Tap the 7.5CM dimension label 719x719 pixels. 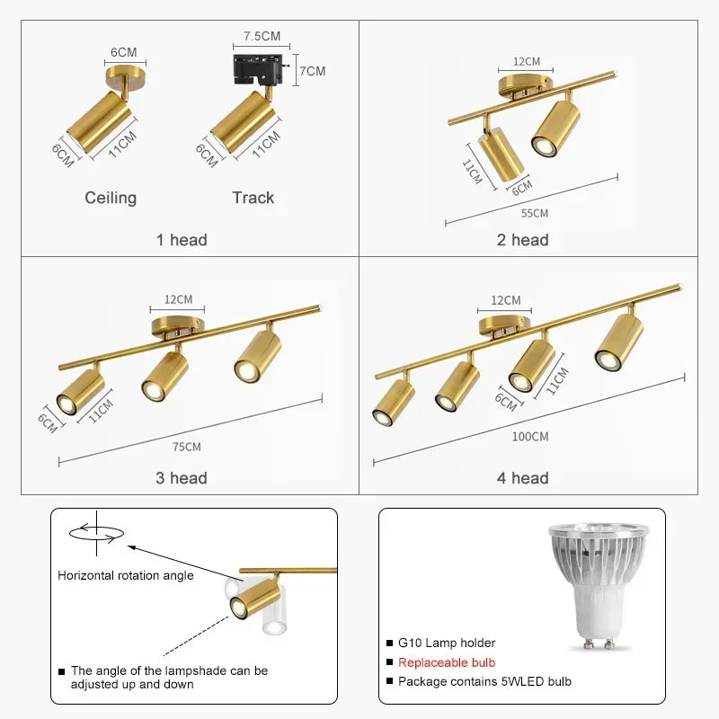coord(262,37)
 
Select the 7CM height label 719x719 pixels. coord(313,71)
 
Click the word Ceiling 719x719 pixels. coord(111,198)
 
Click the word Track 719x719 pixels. coord(253,198)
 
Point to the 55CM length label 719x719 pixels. coord(534,213)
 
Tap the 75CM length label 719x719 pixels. coord(188,447)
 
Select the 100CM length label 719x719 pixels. coord(530,437)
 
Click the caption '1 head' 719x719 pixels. coord(182,240)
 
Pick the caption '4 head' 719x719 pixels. coord(522,478)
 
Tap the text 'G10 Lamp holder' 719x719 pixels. coord(447,643)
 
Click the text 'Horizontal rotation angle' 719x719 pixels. coord(126,575)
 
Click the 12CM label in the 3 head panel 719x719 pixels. coord(178,299)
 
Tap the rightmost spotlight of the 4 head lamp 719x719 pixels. coord(619,342)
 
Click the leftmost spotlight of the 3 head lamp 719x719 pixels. coord(81,393)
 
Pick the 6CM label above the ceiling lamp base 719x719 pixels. coord(123,51)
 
